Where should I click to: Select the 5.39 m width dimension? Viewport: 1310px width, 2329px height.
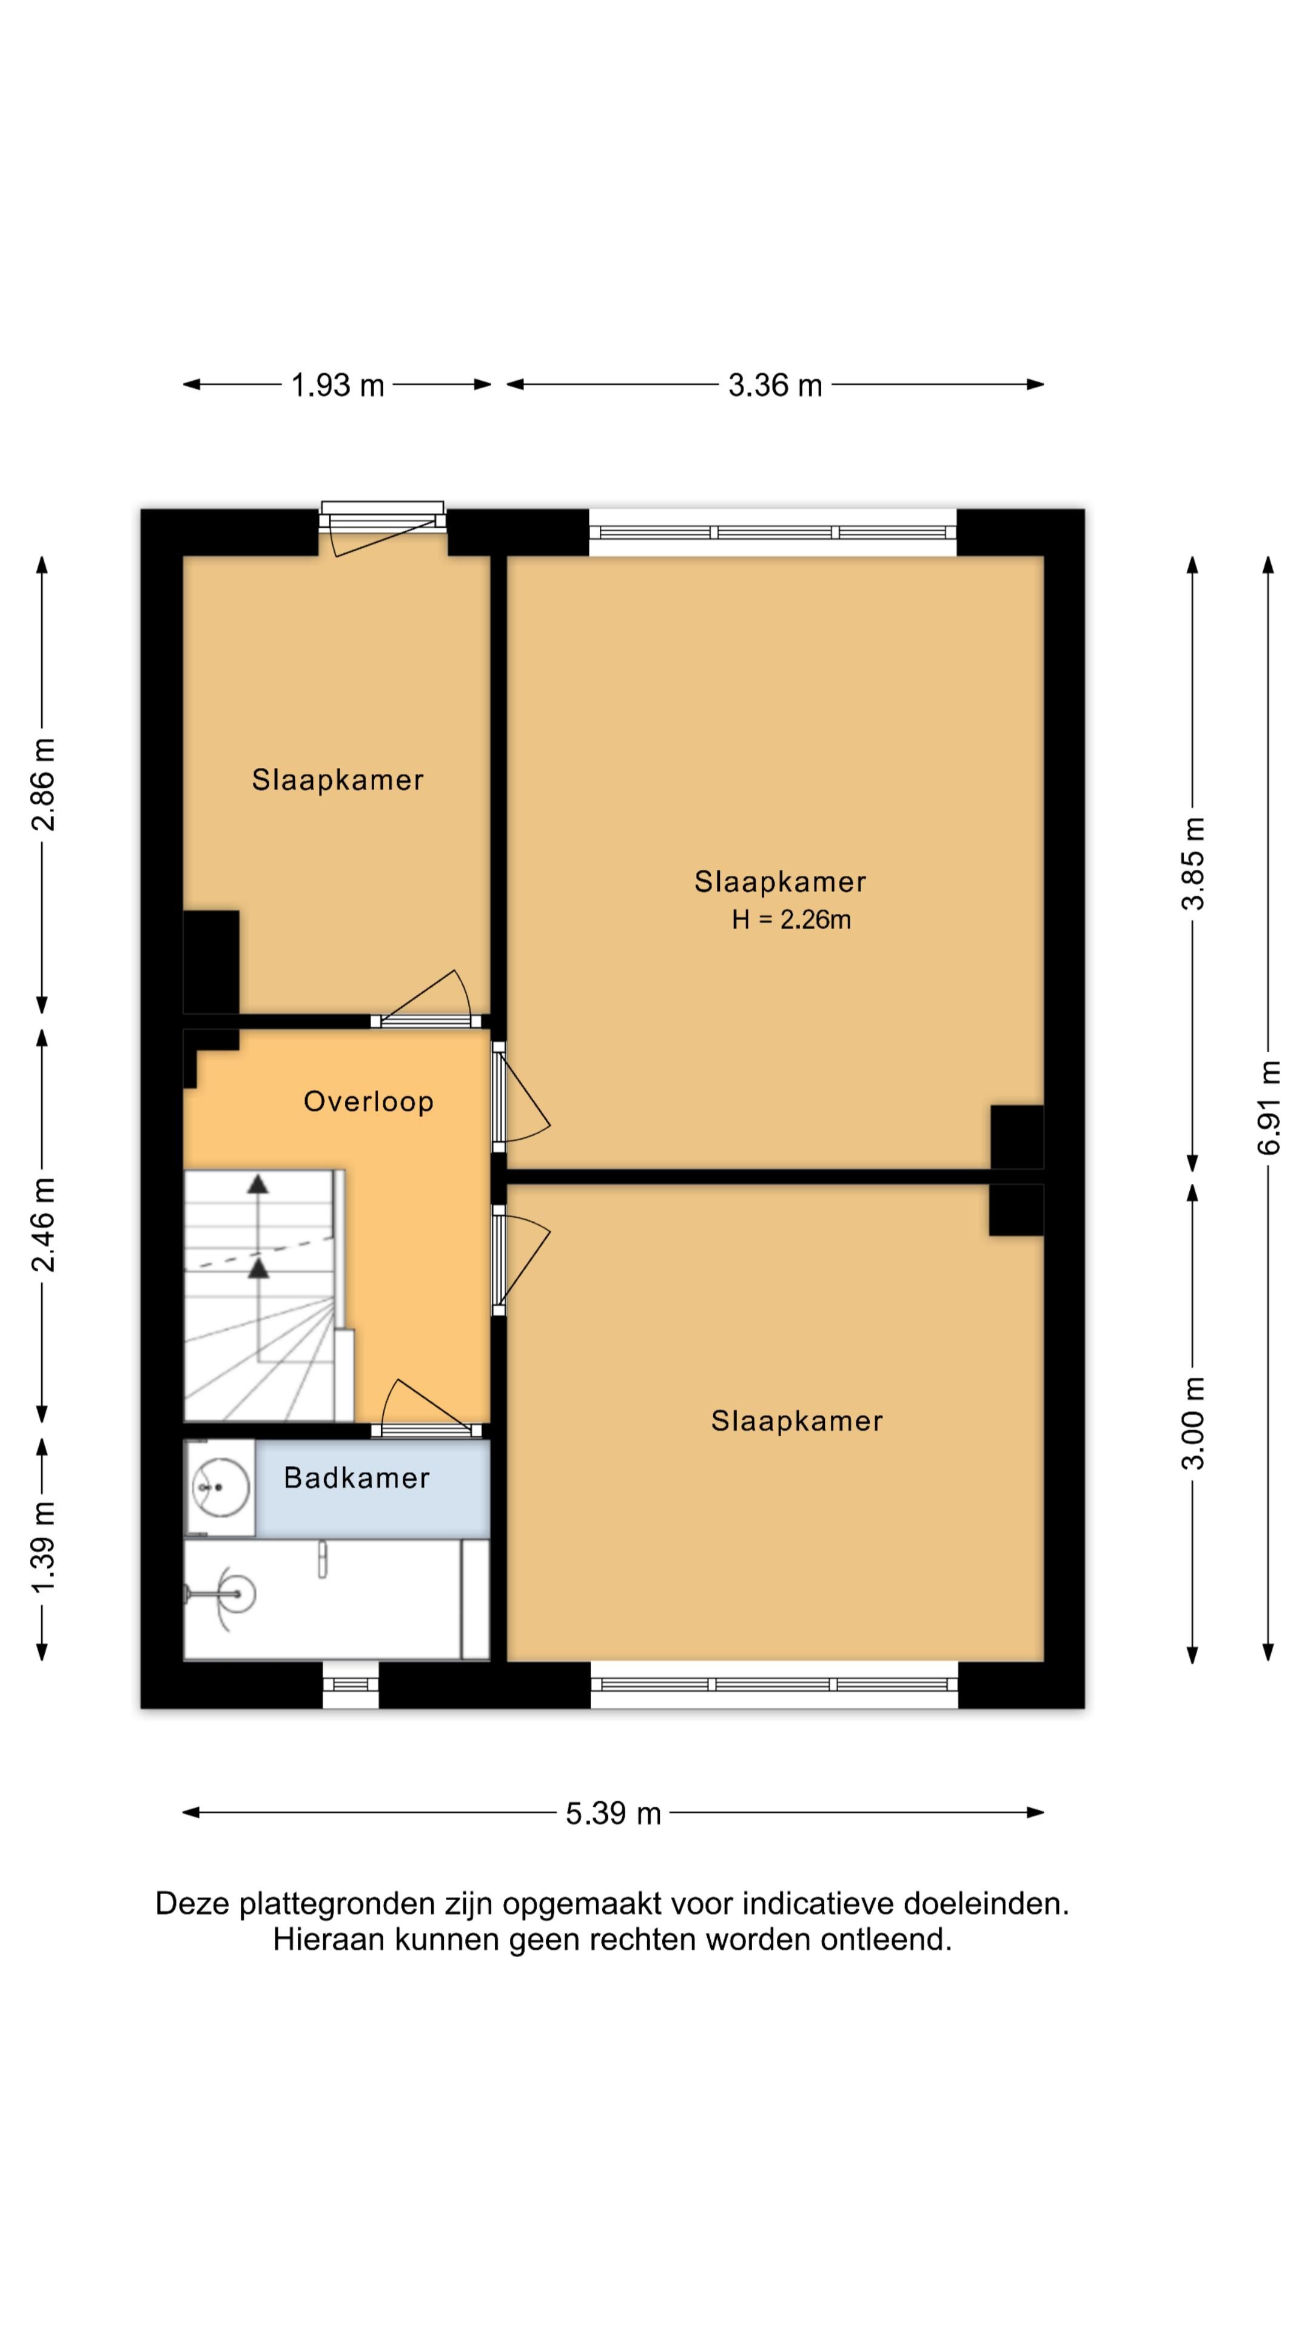coord(613,1813)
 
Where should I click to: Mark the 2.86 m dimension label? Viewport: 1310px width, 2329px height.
coord(42,784)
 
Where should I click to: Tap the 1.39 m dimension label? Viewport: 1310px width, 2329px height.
coord(42,1549)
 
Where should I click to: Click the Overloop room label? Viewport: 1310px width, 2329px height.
coord(368,1101)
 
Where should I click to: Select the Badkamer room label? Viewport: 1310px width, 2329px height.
coord(356,1477)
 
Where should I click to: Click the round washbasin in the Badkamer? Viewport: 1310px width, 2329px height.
coord(220,1487)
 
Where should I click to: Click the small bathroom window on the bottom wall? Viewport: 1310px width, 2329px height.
coord(351,1684)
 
